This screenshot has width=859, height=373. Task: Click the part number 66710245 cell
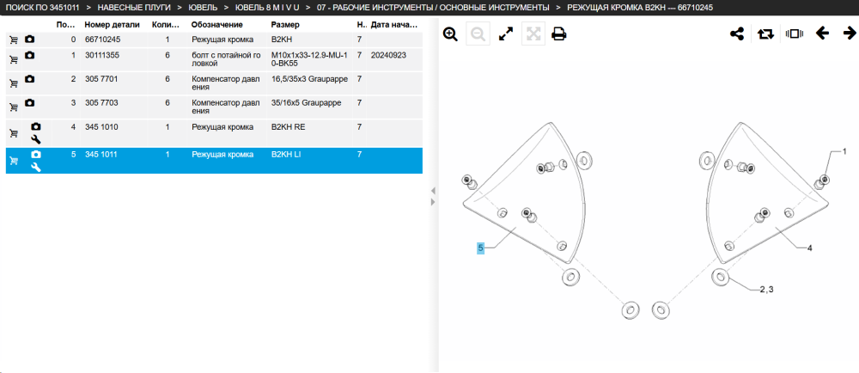click(103, 39)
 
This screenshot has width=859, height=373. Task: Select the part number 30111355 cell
click(102, 55)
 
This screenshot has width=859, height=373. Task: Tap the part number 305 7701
click(101, 79)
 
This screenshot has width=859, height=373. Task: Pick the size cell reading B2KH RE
click(288, 127)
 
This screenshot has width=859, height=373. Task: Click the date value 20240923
click(388, 55)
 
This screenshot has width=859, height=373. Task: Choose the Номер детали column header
click(112, 25)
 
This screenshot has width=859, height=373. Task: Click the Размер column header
click(285, 25)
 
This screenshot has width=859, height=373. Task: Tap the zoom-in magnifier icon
click(450, 34)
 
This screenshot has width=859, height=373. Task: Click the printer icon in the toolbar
click(559, 34)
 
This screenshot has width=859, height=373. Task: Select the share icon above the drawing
click(737, 34)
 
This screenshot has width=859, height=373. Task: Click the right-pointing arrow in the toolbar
click(850, 34)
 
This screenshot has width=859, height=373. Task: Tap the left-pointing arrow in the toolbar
click(822, 34)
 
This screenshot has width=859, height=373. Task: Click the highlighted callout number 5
click(480, 248)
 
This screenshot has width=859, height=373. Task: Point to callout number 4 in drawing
click(810, 248)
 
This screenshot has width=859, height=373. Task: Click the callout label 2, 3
click(766, 289)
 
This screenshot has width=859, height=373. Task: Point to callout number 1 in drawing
click(844, 151)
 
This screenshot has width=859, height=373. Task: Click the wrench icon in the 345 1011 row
click(36, 167)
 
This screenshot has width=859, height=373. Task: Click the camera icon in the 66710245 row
click(29, 39)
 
